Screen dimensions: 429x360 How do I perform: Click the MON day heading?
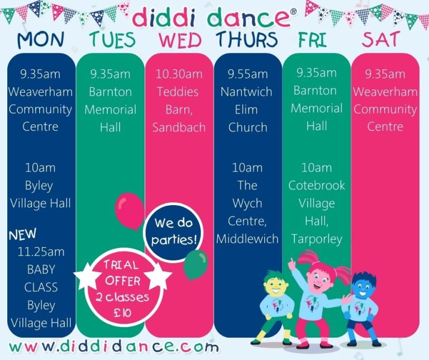[41, 40]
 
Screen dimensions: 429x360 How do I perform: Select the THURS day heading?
[247, 40]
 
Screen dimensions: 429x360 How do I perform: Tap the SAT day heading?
[381, 39]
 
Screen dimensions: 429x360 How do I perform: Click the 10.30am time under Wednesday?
[179, 74]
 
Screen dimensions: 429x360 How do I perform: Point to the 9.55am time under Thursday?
[247, 74]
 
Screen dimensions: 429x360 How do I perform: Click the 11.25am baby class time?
[41, 252]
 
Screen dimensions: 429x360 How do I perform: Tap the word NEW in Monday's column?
[22, 234]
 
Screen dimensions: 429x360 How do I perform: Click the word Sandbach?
[179, 127]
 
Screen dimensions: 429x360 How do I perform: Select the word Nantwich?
[246, 92]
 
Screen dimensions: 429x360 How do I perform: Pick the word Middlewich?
[247, 239]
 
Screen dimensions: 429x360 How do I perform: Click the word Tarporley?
[317, 239]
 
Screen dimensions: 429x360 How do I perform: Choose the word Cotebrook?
[317, 186]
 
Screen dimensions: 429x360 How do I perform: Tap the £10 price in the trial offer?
[122, 312]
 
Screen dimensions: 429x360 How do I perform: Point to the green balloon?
[196, 264]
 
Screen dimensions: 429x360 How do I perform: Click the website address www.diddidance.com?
[114, 347]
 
